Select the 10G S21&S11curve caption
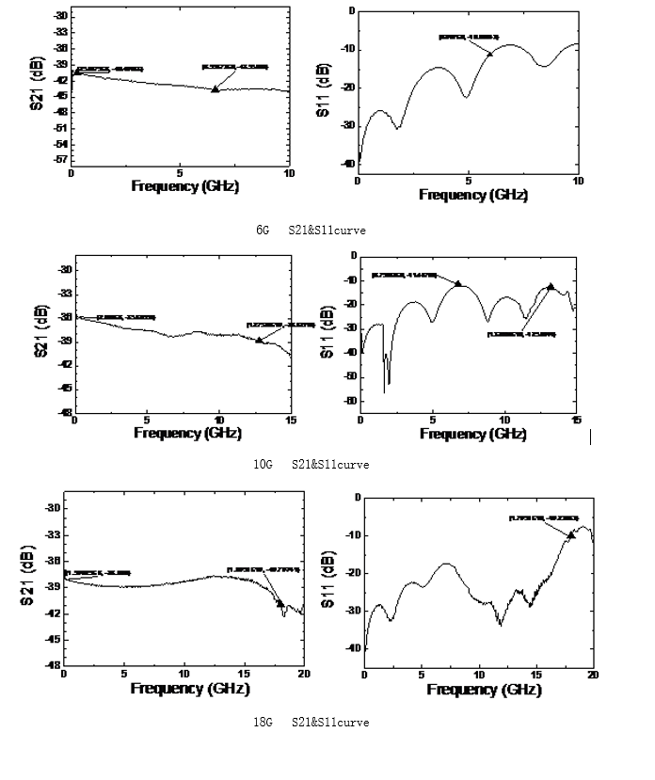pyautogui.click(x=311, y=465)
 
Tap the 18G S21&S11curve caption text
pyautogui.click(x=311, y=723)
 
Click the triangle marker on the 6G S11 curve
pyautogui.click(x=489, y=53)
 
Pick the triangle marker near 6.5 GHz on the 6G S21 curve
pyautogui.click(x=216, y=88)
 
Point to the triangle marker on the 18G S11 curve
pyautogui.click(x=571, y=534)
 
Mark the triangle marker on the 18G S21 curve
pyautogui.click(x=280, y=603)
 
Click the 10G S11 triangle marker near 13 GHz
pyautogui.click(x=551, y=286)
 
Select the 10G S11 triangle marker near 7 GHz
pyautogui.click(x=458, y=283)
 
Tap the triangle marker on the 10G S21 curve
pyautogui.click(x=259, y=340)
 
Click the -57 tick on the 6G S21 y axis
pyautogui.click(x=59, y=160)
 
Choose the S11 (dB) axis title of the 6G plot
pyautogui.click(x=323, y=90)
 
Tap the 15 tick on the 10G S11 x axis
pyautogui.click(x=576, y=420)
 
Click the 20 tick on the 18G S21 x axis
pyautogui.click(x=302, y=675)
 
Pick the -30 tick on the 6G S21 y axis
pyautogui.click(x=59, y=16)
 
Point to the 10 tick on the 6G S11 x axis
pyautogui.click(x=577, y=180)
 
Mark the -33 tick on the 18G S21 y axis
pyautogui.click(x=53, y=534)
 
